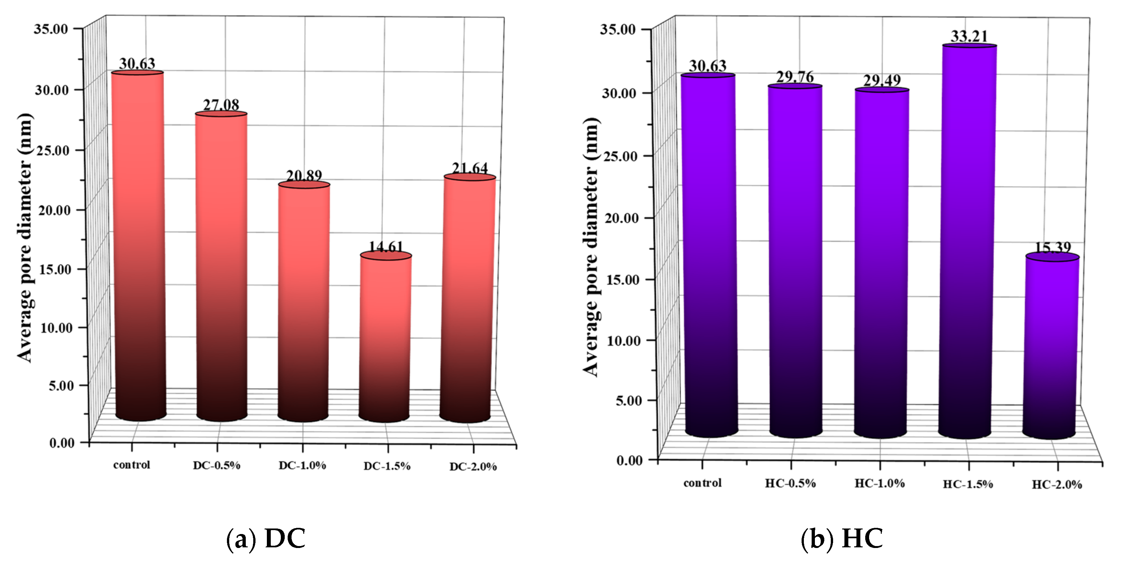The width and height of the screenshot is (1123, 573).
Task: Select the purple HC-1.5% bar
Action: pyautogui.click(x=968, y=240)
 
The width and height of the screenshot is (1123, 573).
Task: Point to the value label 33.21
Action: pyautogui.click(x=969, y=36)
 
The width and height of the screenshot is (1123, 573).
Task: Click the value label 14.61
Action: pyautogui.click(x=386, y=247)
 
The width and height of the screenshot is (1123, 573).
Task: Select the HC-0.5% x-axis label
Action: pyautogui.click(x=790, y=483)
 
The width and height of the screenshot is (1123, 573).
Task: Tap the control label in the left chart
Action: pyautogui.click(x=132, y=465)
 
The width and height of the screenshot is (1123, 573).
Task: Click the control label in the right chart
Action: pyautogui.click(x=702, y=483)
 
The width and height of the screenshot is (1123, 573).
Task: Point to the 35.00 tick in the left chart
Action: pyautogui.click(x=51, y=29)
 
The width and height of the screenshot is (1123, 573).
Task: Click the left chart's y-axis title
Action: pyautogui.click(x=25, y=238)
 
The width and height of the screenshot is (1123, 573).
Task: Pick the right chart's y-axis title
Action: pyautogui.click(x=592, y=246)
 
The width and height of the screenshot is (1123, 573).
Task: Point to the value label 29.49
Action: pyautogui.click(x=881, y=81)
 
